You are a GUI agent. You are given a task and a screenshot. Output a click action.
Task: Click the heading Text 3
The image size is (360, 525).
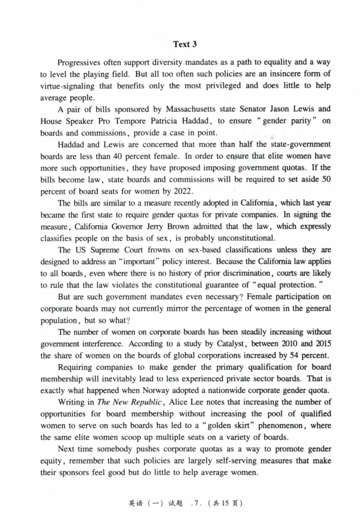(185, 44)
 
